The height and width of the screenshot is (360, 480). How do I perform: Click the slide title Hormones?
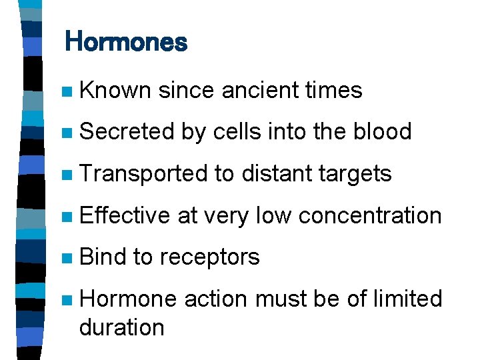(126, 43)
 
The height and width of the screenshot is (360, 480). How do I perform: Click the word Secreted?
(126, 131)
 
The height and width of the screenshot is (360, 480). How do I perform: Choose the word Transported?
(142, 173)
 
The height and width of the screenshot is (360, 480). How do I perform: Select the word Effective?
(125, 215)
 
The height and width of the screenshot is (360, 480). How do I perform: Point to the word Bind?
(102, 257)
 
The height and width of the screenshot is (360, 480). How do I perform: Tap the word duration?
(121, 327)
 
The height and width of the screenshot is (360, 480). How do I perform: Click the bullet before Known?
(64, 91)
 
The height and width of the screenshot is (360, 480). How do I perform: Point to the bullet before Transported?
(64, 175)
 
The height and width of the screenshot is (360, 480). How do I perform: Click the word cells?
(238, 131)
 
